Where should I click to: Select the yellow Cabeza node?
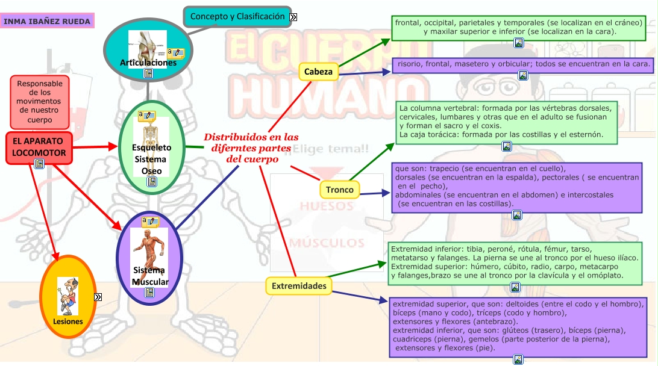pyautogui.click(x=318, y=72)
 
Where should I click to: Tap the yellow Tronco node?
pyautogui.click(x=339, y=190)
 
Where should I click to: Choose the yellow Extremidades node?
pyautogui.click(x=299, y=286)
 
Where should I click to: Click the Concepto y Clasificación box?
pyautogui.click(x=237, y=17)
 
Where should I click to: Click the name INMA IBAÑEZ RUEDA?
pyautogui.click(x=47, y=22)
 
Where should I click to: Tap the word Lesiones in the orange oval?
pyautogui.click(x=67, y=321)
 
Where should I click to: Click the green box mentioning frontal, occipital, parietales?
pyautogui.click(x=519, y=26)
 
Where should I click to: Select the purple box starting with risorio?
pyautogui.click(x=522, y=63)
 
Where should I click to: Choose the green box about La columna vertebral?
pyautogui.click(x=506, y=122)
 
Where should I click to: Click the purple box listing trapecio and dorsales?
pyautogui.click(x=516, y=186)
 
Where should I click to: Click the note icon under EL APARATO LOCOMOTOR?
pyautogui.click(x=39, y=164)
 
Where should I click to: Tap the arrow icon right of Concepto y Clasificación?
pyautogui.click(x=293, y=17)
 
